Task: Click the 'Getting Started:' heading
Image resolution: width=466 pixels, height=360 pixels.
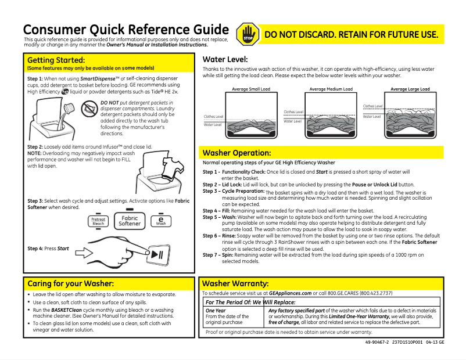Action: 56,60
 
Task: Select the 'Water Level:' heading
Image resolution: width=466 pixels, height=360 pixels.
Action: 225,59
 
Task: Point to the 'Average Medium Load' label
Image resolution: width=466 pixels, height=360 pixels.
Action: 331,89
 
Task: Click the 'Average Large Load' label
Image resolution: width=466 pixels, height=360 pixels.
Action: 410,89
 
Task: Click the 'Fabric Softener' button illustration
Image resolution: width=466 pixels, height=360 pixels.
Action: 130,221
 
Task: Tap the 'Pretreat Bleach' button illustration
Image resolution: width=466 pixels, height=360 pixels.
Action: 99,221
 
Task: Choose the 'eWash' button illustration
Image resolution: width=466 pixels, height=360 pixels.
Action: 160,221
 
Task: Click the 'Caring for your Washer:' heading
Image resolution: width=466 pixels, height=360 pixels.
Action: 70,283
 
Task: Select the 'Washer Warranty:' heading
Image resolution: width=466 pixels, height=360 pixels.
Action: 235,283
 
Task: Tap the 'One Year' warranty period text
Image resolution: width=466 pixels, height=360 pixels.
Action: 215,311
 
